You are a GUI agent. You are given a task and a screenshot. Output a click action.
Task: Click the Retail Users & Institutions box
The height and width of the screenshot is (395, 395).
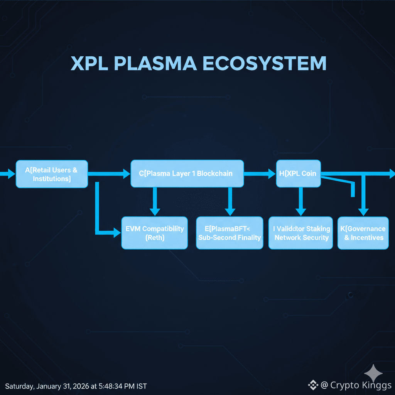coord(52,174)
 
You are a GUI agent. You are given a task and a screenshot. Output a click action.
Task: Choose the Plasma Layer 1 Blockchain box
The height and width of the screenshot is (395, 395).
coord(187,174)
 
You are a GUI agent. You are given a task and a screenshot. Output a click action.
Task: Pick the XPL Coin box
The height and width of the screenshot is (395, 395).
coord(299,174)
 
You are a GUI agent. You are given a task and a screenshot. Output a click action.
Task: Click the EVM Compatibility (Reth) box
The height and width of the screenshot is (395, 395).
coord(154,233)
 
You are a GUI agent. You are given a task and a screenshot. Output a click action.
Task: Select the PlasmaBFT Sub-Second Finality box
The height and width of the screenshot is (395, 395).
coord(230,233)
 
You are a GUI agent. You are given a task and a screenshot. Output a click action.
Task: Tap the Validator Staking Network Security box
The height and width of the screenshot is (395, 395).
coord(301,233)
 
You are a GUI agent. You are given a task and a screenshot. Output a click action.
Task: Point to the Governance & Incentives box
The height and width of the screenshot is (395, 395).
coord(363,233)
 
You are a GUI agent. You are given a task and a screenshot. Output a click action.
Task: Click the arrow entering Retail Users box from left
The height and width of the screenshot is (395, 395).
coord(7,174)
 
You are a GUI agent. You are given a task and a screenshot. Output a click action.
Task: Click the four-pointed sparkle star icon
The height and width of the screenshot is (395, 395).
coord(374,373)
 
